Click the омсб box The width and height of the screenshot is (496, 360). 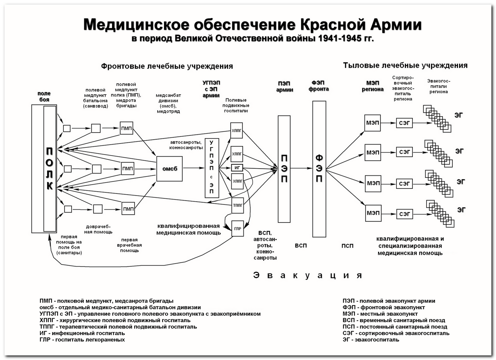[x=169, y=169]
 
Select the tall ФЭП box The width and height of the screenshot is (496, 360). [x=319, y=169]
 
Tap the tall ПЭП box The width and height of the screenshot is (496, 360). [x=284, y=169]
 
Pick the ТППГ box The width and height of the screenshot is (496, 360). [x=237, y=205]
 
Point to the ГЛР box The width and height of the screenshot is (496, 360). [x=237, y=229]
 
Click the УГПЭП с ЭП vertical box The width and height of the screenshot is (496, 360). [x=212, y=168]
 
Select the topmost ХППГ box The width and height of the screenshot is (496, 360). [x=237, y=131]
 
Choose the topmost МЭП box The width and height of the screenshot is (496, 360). [x=372, y=123]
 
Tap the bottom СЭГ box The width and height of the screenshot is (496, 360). [x=404, y=214]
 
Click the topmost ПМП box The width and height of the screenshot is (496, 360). [x=126, y=128]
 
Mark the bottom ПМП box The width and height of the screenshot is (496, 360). [x=128, y=209]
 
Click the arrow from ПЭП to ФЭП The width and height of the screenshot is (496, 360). [x=301, y=168]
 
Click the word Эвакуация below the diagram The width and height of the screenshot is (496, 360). [x=307, y=275]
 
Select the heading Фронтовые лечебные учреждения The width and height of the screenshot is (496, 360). [x=167, y=66]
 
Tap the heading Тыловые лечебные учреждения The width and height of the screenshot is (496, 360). [x=405, y=66]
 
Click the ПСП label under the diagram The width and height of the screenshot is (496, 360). [x=347, y=246]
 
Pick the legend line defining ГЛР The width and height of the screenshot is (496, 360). [x=82, y=340]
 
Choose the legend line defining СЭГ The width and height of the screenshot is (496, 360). [x=396, y=333]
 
